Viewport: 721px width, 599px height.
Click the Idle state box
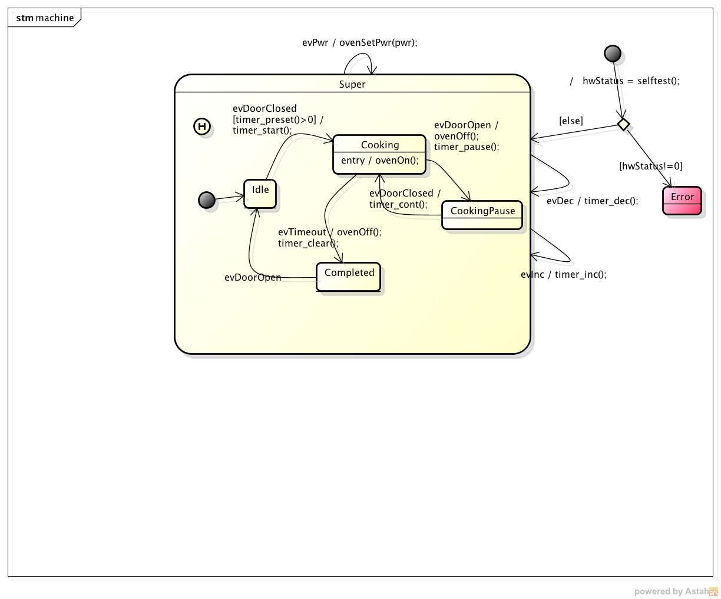260,194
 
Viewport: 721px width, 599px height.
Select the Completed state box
348,277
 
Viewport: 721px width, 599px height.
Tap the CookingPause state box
482,215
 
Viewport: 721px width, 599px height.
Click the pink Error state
682,201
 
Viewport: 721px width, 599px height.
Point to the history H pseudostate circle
202,127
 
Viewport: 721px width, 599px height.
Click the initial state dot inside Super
207,200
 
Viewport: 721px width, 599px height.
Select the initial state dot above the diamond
613,54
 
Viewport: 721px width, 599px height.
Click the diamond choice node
623,124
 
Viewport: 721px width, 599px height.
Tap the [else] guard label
571,121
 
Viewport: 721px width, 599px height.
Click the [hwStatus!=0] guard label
650,166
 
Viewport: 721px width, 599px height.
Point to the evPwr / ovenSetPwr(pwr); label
360,43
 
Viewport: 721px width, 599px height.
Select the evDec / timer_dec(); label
592,201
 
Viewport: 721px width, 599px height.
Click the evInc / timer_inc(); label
564,274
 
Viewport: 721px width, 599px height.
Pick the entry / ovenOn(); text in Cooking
379,161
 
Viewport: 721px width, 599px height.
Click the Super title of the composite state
352,84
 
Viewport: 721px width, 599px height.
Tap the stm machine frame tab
45,18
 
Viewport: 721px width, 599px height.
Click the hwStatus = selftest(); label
631,81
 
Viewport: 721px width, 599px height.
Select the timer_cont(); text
398,204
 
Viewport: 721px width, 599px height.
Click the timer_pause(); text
467,147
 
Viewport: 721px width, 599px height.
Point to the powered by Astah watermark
676,591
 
